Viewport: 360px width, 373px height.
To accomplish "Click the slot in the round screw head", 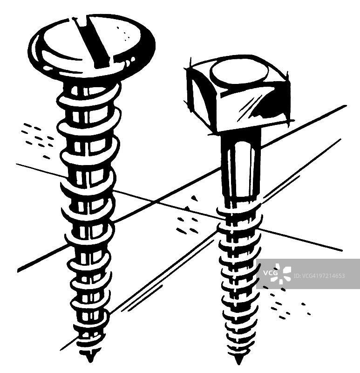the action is [91, 41].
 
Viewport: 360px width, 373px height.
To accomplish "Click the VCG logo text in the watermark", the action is [270, 273].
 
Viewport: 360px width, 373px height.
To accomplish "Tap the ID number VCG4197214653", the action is [319, 276].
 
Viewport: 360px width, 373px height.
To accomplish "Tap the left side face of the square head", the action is [202, 97].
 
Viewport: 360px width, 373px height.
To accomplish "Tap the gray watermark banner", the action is [308, 274].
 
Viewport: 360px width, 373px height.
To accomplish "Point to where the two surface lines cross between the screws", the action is [156, 202].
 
